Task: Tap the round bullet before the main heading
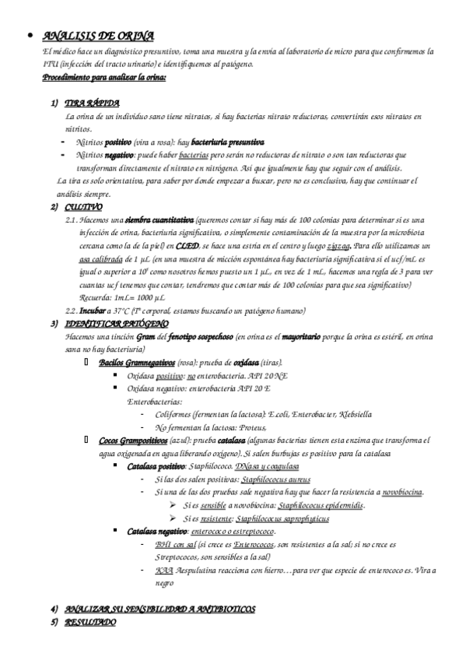pyautogui.click(x=29, y=37)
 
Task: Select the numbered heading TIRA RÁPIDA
pyautogui.click(x=92, y=104)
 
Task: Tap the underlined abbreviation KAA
pyautogui.click(x=164, y=570)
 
